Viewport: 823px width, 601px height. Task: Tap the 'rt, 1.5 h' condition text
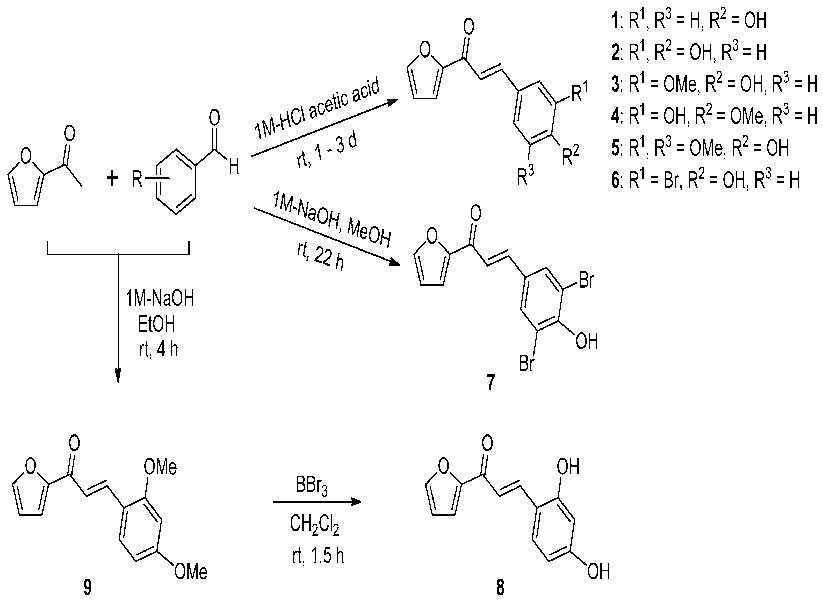pyautogui.click(x=318, y=555)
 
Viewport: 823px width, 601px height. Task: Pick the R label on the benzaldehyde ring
pyautogui.click(x=137, y=179)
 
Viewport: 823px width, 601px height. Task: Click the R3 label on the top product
pyautogui.click(x=525, y=176)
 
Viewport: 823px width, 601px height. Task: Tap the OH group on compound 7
pyautogui.click(x=587, y=342)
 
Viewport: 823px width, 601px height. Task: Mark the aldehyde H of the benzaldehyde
pyautogui.click(x=234, y=168)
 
